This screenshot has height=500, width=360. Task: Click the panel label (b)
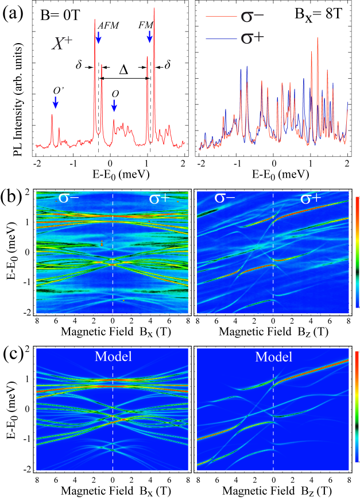pyautogui.click(x=13, y=191)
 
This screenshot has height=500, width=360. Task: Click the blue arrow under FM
pyautogui.click(x=149, y=37)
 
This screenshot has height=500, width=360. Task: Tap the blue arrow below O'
pyautogui.click(x=56, y=102)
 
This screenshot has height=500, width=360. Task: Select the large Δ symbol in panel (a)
pyautogui.click(x=123, y=70)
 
